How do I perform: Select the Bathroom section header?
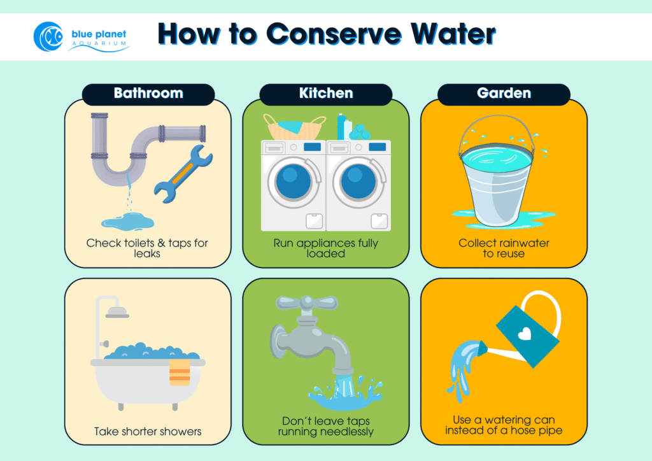(148, 93)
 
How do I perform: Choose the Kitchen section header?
(325, 93)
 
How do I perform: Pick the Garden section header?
(504, 93)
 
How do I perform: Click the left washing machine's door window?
(294, 181)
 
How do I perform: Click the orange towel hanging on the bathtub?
(179, 372)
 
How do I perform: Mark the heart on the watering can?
(523, 332)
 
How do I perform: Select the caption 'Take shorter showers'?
(148, 431)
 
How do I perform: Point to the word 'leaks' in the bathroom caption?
(147, 253)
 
